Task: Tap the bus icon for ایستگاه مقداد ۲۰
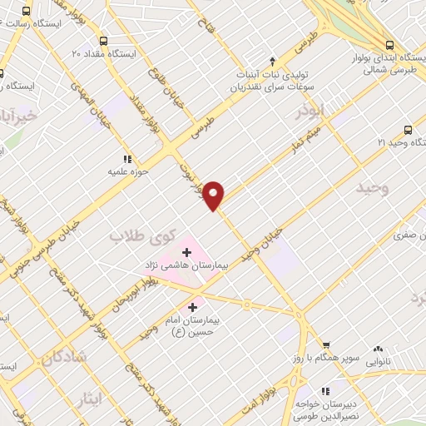coord(103,40)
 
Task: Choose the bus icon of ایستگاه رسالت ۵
coord(27,12)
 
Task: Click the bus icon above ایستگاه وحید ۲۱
coord(408,129)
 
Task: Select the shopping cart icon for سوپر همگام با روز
coord(327,345)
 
